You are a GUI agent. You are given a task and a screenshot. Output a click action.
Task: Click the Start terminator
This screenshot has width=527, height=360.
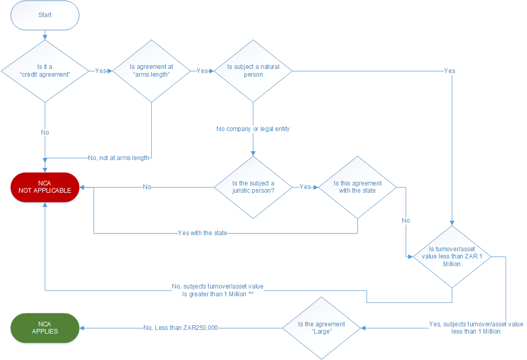click(x=45, y=15)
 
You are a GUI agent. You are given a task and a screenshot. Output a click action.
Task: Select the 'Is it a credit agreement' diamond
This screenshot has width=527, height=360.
click(x=45, y=71)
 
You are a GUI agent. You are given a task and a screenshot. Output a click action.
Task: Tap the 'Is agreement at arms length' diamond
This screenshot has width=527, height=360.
click(x=151, y=71)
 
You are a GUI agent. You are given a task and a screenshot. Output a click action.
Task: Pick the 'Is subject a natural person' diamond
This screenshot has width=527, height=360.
click(x=253, y=71)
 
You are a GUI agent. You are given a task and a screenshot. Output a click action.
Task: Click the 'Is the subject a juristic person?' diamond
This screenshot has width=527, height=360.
click(x=253, y=188)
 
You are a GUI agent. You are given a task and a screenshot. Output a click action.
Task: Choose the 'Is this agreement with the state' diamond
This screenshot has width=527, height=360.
click(x=357, y=188)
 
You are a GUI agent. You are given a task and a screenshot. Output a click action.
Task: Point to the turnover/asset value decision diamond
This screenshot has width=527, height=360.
click(x=452, y=257)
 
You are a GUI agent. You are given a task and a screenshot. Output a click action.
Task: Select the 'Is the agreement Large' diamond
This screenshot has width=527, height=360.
click(x=321, y=328)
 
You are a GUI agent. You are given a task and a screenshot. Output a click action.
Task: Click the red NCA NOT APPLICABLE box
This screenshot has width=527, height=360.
click(x=45, y=188)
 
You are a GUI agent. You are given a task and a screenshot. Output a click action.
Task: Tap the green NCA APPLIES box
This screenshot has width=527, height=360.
click(x=45, y=328)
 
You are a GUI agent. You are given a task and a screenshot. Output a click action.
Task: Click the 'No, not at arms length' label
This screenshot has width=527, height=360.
click(x=119, y=158)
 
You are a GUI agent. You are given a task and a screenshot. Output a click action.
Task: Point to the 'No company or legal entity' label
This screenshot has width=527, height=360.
click(x=253, y=129)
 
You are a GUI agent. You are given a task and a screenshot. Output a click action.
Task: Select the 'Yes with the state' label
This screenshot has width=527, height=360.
click(x=202, y=233)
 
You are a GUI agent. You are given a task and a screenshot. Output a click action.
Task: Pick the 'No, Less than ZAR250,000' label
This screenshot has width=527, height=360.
click(x=181, y=328)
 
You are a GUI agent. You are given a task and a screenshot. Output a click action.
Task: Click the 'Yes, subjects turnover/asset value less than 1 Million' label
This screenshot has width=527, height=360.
click(x=476, y=328)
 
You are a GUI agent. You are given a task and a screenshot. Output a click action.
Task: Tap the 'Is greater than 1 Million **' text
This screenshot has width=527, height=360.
click(x=218, y=294)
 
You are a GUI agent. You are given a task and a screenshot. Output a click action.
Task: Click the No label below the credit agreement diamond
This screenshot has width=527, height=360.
click(x=45, y=133)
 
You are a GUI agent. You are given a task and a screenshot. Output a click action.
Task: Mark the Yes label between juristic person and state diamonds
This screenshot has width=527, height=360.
click(x=305, y=186)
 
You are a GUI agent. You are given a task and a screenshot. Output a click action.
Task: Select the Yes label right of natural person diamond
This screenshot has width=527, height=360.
click(x=450, y=70)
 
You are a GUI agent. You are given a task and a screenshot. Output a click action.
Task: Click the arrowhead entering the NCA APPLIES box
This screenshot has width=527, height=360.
click(x=82, y=328)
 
